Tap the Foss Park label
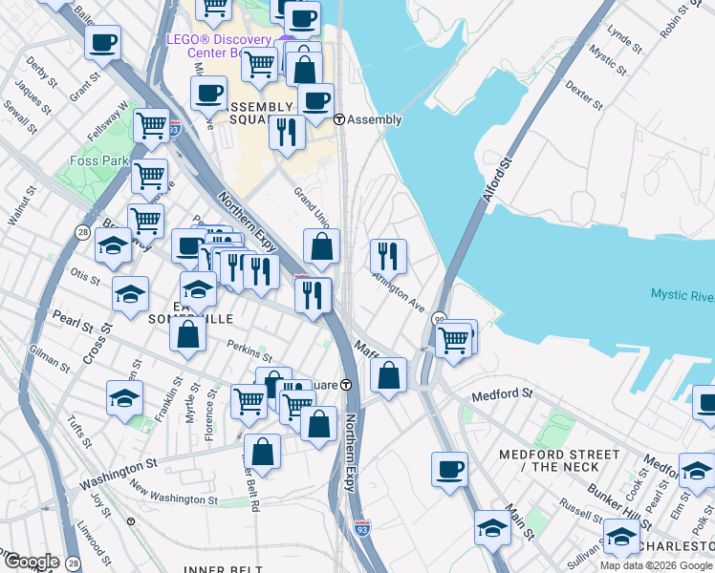(x=98, y=161)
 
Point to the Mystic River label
(x=682, y=294)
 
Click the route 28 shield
(x=84, y=232)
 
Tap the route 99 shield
(x=440, y=319)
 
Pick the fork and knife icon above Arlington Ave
(x=388, y=256)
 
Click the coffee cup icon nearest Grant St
(x=102, y=42)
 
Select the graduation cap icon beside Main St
(x=492, y=527)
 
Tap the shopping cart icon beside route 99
(x=453, y=338)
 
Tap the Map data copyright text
(x=656, y=565)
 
